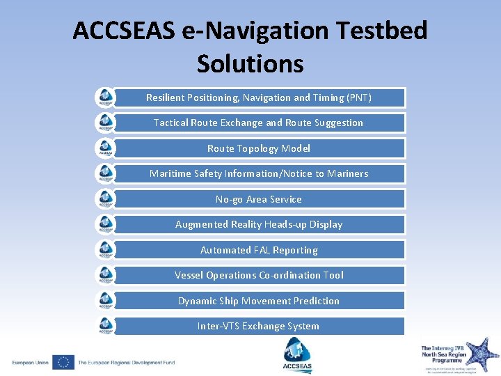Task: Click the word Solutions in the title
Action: point(250,63)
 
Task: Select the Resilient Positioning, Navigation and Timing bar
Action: point(259,97)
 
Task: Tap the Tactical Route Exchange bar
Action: point(259,123)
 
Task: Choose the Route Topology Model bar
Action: point(259,148)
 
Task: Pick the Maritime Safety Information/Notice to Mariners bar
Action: point(259,173)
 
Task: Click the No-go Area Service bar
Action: point(259,199)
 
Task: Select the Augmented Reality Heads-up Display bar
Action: point(259,224)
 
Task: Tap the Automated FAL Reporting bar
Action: point(259,250)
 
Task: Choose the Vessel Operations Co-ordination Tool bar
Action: point(259,275)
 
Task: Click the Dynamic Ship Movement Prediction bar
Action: point(259,301)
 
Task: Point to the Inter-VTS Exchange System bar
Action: point(259,326)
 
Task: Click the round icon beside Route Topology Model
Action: point(105,148)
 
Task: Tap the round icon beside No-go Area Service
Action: point(105,199)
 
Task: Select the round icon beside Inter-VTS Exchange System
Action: point(105,326)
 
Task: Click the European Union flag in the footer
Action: point(63,362)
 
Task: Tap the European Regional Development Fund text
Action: point(126,363)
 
